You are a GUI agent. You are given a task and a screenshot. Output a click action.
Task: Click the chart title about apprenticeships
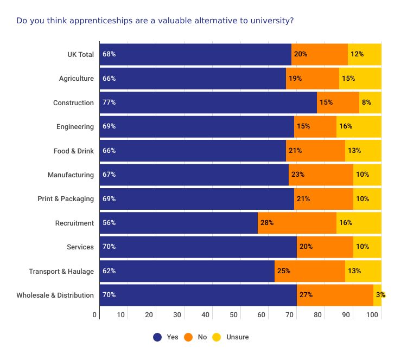[x=155, y=21]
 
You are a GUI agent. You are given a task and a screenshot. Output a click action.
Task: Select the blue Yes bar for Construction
[x=208, y=102]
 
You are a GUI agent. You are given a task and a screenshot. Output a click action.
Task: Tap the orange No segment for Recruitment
[x=297, y=223]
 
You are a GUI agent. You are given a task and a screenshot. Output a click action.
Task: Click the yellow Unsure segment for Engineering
[x=359, y=126]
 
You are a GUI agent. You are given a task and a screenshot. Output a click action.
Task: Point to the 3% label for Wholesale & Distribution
[x=380, y=295]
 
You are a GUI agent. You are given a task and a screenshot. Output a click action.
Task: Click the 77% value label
[x=109, y=102]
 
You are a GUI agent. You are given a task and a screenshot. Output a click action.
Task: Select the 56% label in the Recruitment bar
[x=109, y=223]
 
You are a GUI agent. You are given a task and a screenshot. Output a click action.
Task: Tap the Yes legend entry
[x=166, y=337]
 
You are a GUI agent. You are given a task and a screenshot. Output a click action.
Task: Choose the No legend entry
[x=196, y=337]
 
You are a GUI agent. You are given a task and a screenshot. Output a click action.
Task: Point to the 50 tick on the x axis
[x=234, y=315]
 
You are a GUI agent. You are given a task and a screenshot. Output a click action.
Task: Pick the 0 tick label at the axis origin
[x=94, y=315]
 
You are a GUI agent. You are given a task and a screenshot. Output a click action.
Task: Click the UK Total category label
[x=80, y=54]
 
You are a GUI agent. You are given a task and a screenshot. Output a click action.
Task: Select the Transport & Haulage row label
[x=61, y=271]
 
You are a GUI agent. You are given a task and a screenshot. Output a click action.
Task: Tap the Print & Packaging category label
[x=66, y=198]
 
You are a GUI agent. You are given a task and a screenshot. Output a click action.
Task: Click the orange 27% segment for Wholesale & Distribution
[x=335, y=295]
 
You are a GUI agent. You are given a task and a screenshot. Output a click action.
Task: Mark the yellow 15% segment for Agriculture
[x=360, y=78]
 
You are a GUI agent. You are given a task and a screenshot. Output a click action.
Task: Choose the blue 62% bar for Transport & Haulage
[x=187, y=271]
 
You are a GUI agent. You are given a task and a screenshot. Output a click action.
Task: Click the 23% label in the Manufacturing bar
[x=298, y=175]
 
